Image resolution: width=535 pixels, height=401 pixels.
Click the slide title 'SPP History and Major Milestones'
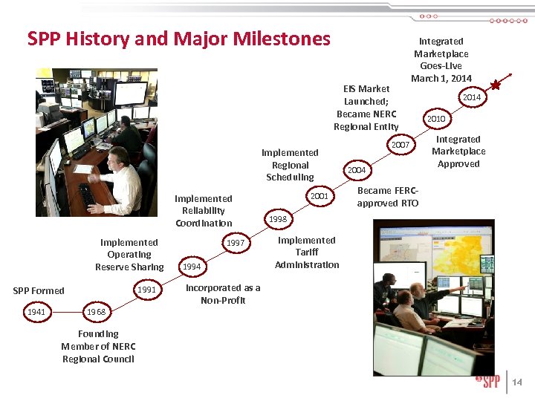(x=178, y=39)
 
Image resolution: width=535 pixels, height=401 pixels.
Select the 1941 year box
(x=36, y=312)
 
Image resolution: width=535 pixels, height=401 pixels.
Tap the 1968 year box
(x=97, y=312)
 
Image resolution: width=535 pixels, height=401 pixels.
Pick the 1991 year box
(x=147, y=290)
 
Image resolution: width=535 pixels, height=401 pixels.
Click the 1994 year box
(x=192, y=266)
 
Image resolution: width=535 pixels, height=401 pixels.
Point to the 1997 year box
(x=236, y=243)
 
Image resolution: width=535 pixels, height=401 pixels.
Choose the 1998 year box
(x=279, y=220)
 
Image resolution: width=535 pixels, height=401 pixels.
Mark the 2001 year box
(x=320, y=196)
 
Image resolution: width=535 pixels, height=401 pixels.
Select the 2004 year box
(x=357, y=170)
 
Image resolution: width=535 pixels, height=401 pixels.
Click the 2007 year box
(x=401, y=145)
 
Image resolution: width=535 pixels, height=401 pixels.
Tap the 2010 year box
(x=435, y=119)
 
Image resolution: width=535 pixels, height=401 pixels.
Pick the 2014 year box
(x=471, y=97)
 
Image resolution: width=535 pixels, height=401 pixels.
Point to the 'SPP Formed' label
(x=39, y=290)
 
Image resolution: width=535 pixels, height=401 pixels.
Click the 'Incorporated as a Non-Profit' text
(x=223, y=294)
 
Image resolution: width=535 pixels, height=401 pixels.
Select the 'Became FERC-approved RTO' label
(x=388, y=197)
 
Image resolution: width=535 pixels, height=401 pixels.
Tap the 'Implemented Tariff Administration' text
(x=306, y=252)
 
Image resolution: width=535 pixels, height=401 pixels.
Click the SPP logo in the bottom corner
(x=487, y=382)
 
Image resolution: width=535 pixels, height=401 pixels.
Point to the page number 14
(x=517, y=382)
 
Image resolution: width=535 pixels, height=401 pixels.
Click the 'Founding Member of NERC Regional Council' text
(x=97, y=347)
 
